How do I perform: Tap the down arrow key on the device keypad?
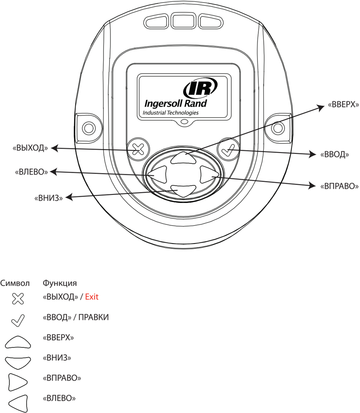[182, 191]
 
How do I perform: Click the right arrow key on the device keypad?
[206, 174]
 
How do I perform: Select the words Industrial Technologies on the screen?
[171, 113]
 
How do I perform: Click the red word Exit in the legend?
[92, 297]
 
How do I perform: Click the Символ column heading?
[15, 283]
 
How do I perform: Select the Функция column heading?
[59, 283]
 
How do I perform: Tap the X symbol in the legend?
[17, 299]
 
